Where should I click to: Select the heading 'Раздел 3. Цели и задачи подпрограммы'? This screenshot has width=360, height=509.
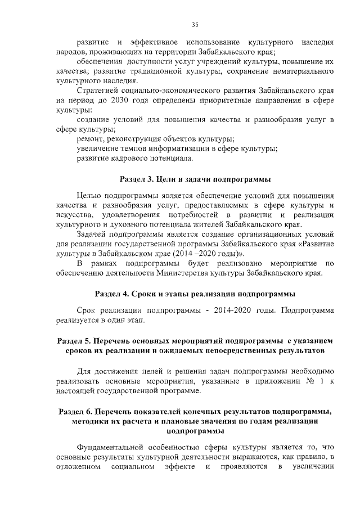(195, 179)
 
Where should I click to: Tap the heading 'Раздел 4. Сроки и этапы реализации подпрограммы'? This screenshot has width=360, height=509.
(195, 294)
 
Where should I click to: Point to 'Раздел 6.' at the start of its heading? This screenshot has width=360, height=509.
(77, 412)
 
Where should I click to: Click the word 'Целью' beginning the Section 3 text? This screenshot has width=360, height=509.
(89, 195)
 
